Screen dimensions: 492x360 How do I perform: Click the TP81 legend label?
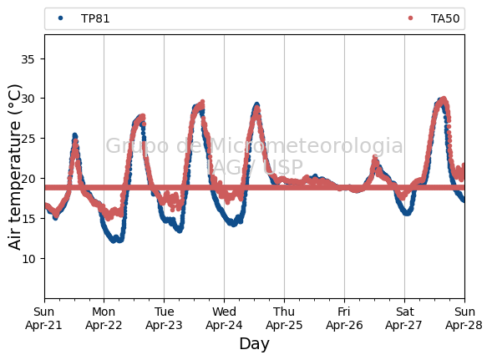tap(95, 19)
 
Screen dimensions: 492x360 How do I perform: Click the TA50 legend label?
tap(445, 19)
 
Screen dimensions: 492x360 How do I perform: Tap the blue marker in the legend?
tap(60, 18)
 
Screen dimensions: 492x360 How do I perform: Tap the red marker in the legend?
tap(410, 18)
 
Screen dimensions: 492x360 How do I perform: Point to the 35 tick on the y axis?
tap(28, 59)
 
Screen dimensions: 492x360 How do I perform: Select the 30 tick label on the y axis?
tap(28, 99)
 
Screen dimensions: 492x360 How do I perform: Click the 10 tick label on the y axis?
tap(28, 259)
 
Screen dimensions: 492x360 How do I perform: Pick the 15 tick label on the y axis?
tap(28, 219)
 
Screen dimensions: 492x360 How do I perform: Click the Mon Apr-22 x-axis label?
tap(104, 318)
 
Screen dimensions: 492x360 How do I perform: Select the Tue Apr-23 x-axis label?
tap(164, 318)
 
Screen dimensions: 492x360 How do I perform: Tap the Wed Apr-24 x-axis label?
tap(224, 318)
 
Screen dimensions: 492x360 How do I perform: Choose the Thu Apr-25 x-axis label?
tap(284, 318)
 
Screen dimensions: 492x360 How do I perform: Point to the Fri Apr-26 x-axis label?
tap(344, 318)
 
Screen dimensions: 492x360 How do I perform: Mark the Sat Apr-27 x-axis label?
tap(404, 318)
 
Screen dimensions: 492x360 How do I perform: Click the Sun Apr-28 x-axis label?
tap(464, 318)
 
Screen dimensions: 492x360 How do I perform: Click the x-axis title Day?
tap(254, 344)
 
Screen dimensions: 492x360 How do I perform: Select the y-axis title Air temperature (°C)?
tap(14, 167)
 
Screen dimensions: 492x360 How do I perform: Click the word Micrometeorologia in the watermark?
tap(307, 145)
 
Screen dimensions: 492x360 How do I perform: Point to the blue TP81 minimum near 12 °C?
tap(114, 241)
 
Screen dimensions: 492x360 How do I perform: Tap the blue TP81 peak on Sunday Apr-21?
tap(74, 135)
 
